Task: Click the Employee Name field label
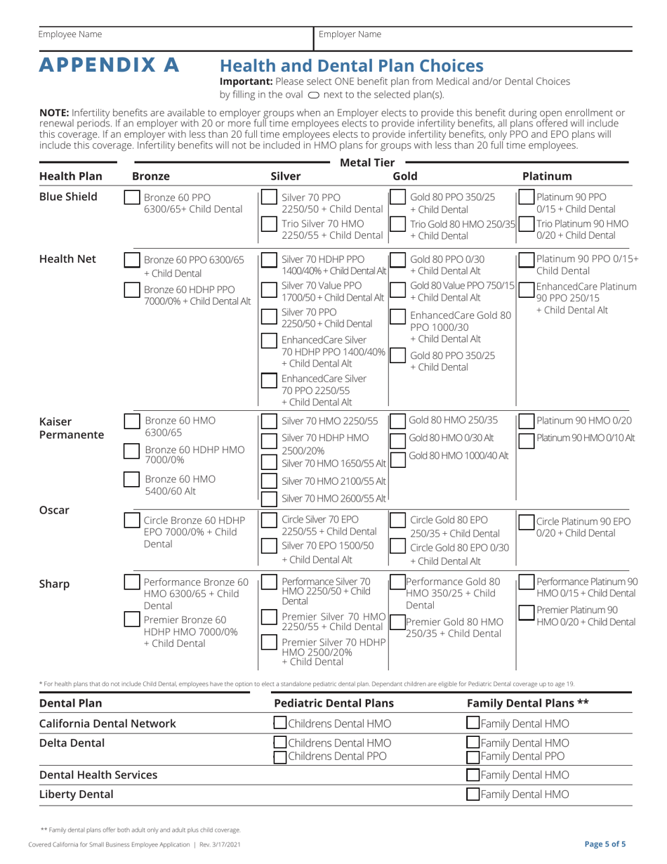70,34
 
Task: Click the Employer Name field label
350,34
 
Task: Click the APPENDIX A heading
109,65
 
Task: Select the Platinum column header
547,176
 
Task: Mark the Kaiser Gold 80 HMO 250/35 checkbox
397,421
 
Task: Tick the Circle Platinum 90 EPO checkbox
525,521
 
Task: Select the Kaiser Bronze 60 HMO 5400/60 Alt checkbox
131,479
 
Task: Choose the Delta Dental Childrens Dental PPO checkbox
279,756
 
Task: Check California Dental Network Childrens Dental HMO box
279,724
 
